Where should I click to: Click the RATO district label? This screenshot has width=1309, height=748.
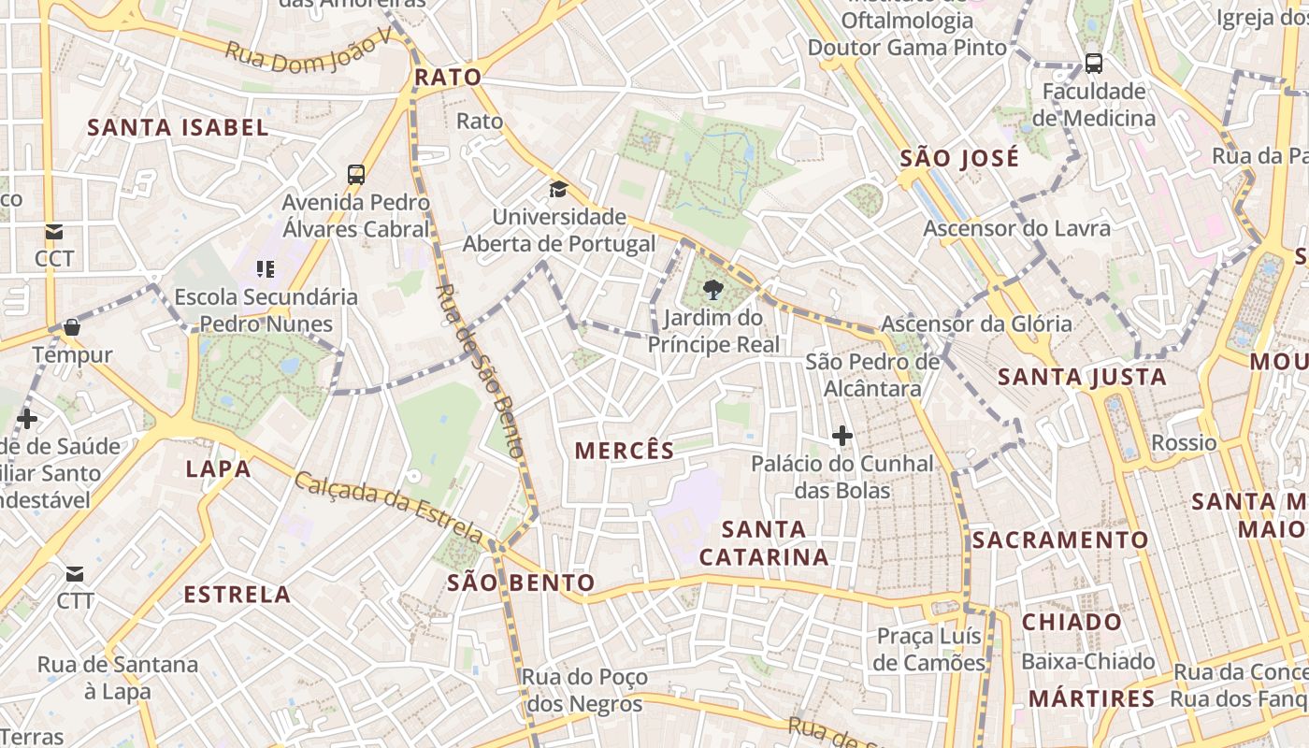click(448, 78)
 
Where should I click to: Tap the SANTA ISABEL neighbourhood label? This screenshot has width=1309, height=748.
click(178, 128)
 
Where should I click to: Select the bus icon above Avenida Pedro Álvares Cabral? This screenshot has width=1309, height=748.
click(356, 174)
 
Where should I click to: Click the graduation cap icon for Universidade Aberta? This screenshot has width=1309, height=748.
click(558, 190)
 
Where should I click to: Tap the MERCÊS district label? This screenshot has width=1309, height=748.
click(625, 451)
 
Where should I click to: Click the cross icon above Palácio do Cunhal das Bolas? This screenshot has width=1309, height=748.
click(842, 436)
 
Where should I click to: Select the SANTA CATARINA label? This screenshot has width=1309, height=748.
click(764, 543)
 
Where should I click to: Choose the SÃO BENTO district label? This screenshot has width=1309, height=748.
click(521, 583)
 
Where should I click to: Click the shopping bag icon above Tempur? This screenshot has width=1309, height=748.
click(72, 327)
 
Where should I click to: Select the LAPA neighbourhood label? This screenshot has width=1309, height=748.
click(218, 468)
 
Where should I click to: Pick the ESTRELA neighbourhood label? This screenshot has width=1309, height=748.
click(237, 595)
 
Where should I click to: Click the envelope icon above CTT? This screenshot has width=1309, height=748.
click(75, 573)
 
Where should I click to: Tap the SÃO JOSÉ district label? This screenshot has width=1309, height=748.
click(959, 159)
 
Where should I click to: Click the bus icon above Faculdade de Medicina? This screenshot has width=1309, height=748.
click(1094, 64)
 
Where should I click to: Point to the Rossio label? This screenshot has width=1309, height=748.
click(1184, 443)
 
